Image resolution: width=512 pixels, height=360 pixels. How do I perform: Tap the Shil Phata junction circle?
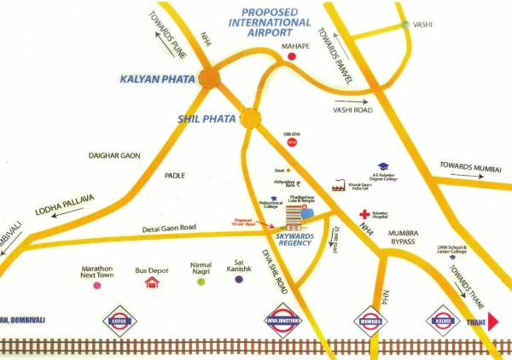point(250,117)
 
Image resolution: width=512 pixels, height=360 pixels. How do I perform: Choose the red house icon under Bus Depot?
point(152,282)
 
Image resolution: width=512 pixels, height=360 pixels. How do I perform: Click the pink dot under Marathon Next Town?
point(96,286)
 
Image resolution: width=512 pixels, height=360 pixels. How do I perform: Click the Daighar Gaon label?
point(114,155)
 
